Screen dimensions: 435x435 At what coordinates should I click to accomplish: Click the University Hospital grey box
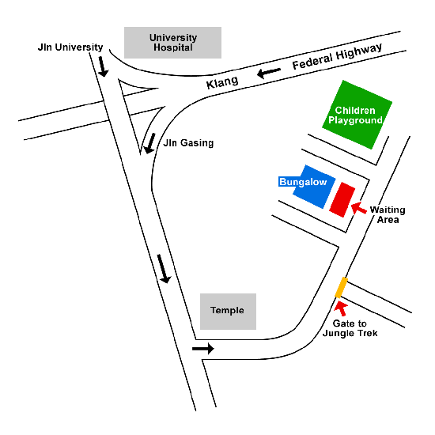coord(172,43)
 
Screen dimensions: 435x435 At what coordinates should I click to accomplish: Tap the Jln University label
coord(70,47)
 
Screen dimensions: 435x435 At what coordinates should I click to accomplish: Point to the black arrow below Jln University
coord(103,66)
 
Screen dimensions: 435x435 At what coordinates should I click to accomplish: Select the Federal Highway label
coord(337,56)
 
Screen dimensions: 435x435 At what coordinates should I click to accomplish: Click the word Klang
coord(222,82)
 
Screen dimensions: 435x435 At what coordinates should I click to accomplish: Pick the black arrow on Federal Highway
coord(269,73)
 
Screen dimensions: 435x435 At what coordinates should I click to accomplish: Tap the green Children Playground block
coord(357,115)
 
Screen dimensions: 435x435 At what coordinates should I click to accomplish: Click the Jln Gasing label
coord(188,143)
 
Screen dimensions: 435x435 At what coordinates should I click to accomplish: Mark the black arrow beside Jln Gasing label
coord(149,143)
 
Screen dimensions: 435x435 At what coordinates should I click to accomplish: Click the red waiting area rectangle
coord(342,199)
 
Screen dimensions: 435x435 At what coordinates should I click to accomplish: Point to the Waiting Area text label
coord(388,214)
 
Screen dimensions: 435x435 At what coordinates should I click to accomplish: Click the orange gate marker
coord(341,287)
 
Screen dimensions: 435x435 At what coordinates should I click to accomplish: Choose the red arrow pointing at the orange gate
coord(341,308)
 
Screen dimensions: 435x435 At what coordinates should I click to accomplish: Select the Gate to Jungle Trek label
coord(350,328)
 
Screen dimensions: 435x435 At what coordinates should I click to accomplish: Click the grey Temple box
coord(228,312)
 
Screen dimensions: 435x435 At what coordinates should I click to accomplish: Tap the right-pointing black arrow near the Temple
coord(203,349)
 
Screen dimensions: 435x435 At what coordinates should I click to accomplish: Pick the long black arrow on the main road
coord(164,269)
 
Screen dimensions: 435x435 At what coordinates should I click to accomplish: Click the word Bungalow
coord(303,182)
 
